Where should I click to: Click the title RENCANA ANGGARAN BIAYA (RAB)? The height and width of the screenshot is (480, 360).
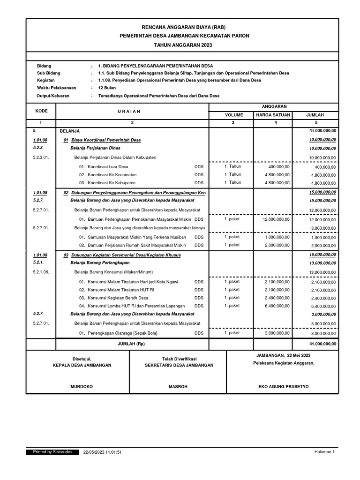[x=182, y=27]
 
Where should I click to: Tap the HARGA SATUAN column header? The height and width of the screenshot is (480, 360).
[x=273, y=115]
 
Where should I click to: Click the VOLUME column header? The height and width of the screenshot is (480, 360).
[x=231, y=115]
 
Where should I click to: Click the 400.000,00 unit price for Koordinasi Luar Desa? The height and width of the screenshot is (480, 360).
[x=279, y=167]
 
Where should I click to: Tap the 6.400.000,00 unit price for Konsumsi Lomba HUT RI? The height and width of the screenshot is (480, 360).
[x=277, y=306]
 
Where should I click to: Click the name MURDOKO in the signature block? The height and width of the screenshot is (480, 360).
[x=82, y=387]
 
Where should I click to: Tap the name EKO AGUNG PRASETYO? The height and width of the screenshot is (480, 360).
[x=284, y=387]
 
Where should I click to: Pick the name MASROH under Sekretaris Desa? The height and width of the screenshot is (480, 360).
[x=178, y=387]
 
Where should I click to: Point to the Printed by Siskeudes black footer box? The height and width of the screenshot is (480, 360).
[x=52, y=452]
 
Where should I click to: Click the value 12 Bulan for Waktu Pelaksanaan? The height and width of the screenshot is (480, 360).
[x=107, y=88]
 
